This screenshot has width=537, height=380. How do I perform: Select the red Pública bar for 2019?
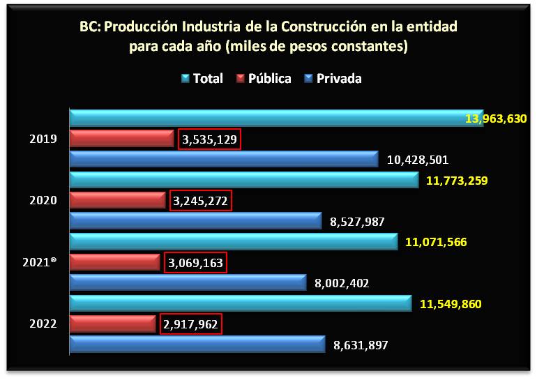[x=121, y=139]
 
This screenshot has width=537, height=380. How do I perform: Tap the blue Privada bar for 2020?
[x=196, y=221]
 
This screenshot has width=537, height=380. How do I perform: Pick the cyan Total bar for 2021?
[x=234, y=242]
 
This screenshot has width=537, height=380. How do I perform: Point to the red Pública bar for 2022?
[x=112, y=324]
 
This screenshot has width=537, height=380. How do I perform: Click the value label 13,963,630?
[x=496, y=119]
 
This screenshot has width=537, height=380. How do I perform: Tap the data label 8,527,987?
[x=357, y=222]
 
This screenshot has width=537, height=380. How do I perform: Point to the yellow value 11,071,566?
[x=435, y=242]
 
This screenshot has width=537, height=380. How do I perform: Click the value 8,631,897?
[x=361, y=344]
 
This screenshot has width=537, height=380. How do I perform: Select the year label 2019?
[x=43, y=139]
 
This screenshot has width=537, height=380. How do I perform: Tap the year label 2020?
[x=43, y=201]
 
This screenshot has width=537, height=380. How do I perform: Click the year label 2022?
[x=43, y=324]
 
